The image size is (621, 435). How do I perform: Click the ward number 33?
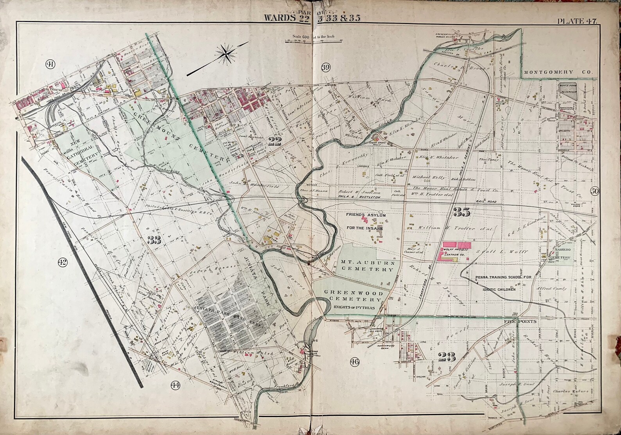(x=154, y=241)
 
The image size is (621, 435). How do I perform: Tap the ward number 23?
(x=446, y=356)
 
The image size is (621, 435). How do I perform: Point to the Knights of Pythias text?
(x=355, y=307)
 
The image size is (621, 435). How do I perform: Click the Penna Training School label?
(x=504, y=277)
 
